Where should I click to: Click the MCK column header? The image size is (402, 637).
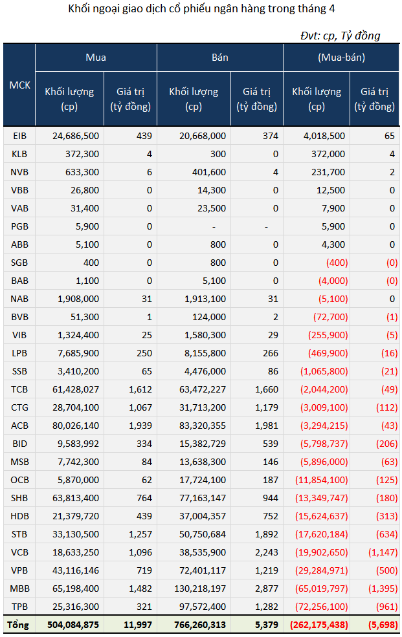pyautogui.click(x=19, y=85)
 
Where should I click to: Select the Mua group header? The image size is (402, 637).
pyautogui.click(x=96, y=58)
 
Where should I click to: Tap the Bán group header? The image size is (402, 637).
pyautogui.click(x=220, y=58)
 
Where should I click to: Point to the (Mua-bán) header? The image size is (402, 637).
pyautogui.click(x=341, y=58)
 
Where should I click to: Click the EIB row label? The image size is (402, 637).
pyautogui.click(x=19, y=136)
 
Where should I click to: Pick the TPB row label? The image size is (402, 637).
pyautogui.click(x=19, y=607)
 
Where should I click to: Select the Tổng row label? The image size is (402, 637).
pyautogui.click(x=18, y=625)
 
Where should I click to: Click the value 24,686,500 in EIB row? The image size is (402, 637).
pyautogui.click(x=76, y=136)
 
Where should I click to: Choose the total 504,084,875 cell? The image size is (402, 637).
pyautogui.click(x=73, y=625)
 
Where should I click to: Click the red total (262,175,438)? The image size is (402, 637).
pyautogui.click(x=319, y=625)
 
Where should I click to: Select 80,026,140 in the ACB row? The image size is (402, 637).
pyautogui.click(x=76, y=426)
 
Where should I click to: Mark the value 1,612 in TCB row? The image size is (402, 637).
pyautogui.click(x=140, y=389)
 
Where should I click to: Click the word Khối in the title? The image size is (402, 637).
pyautogui.click(x=78, y=8)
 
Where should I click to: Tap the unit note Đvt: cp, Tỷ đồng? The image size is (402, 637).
pyautogui.click(x=341, y=36)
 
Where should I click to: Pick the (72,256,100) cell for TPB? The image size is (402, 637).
pyautogui.click(x=322, y=607)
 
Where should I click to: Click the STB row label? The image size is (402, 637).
pyautogui.click(x=19, y=534)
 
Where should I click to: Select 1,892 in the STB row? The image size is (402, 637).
pyautogui.click(x=267, y=534)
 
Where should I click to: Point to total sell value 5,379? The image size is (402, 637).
pyautogui.click(x=267, y=625)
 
